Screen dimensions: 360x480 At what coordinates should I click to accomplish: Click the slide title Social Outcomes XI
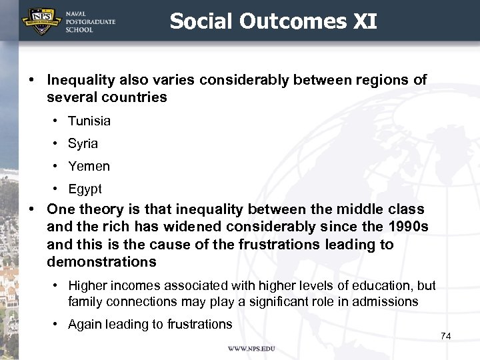pos(273,21)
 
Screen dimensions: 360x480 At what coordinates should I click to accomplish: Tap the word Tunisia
pos(89,121)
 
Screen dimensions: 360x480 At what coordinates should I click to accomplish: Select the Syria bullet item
pos(83,143)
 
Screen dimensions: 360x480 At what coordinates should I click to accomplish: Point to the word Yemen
pos(89,166)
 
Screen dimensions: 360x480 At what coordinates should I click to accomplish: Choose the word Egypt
pos(85,189)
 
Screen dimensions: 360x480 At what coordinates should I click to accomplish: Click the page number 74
pos(446,336)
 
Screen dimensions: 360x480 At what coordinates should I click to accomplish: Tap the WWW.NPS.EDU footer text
pos(251,349)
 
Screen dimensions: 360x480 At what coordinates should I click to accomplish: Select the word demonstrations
pos(101,261)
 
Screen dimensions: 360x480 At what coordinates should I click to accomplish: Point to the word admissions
pos(386,301)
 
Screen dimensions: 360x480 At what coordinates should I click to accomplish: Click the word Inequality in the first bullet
pos(81,80)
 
